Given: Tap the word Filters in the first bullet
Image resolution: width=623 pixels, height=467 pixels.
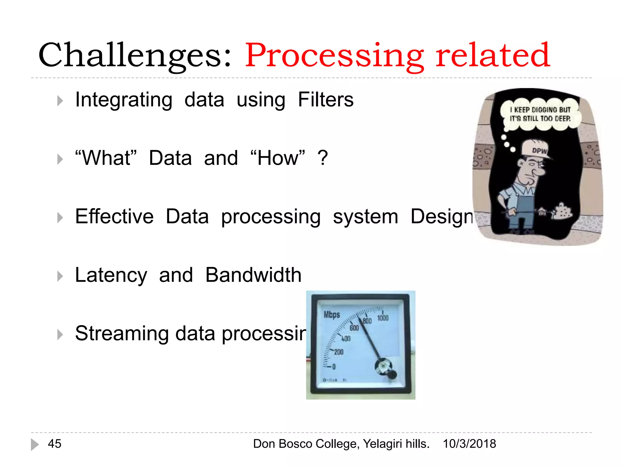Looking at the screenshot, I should [325, 99].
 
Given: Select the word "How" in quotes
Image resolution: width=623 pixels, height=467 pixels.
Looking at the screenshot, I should [277, 158].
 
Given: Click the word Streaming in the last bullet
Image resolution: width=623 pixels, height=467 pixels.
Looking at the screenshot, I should [122, 333].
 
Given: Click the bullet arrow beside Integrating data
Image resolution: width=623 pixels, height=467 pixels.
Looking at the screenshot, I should [60, 101].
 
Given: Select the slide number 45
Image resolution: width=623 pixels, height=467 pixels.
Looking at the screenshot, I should [54, 444].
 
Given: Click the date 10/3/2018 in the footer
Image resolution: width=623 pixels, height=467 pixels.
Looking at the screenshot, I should [469, 444].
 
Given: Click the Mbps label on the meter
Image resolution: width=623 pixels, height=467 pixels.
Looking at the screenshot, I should [332, 314].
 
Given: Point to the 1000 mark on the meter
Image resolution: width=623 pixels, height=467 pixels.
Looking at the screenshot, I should [383, 318].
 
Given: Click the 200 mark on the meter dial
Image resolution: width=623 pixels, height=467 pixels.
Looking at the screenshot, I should [339, 352].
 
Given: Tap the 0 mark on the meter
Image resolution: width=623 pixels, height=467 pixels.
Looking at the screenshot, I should [334, 367].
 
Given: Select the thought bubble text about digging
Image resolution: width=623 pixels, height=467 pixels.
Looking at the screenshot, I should [540, 114].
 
